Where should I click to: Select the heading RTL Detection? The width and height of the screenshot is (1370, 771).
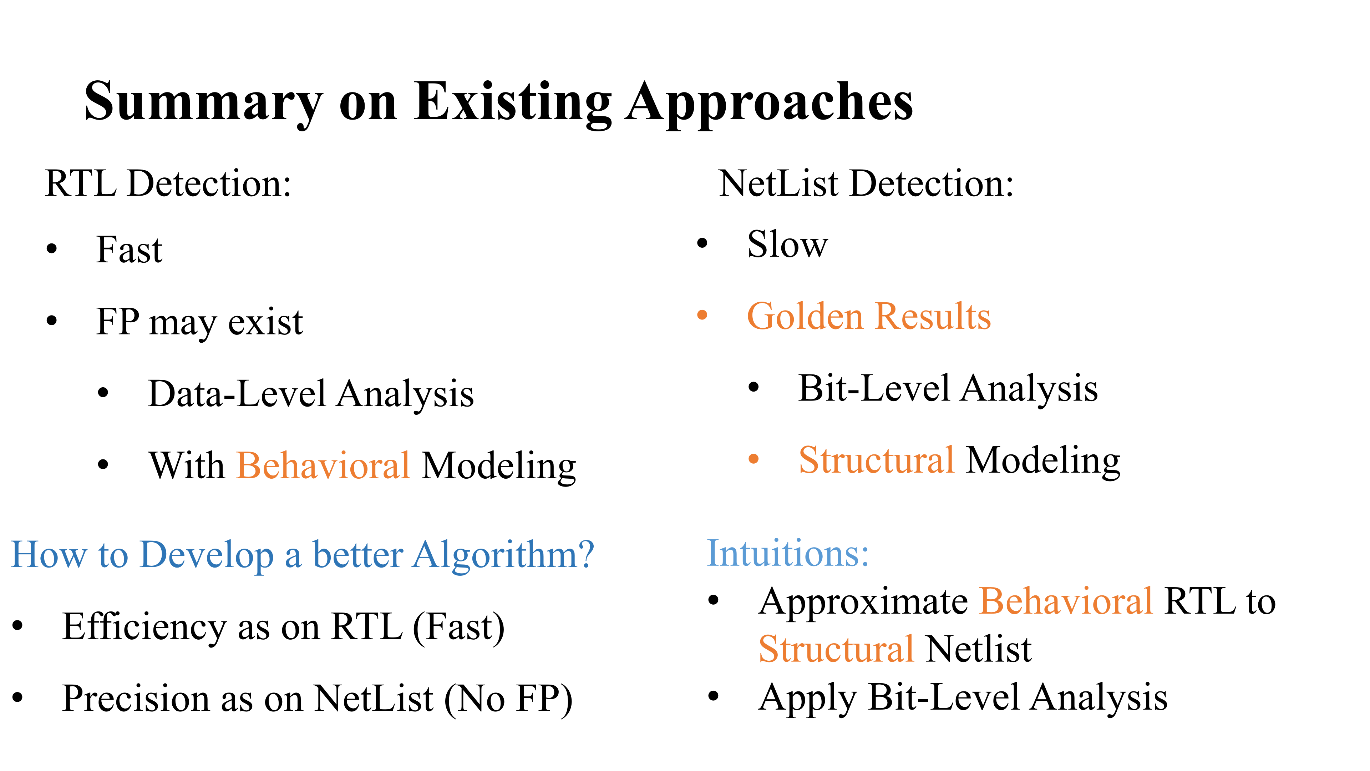[x=168, y=183]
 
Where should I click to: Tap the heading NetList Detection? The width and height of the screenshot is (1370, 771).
[x=866, y=183]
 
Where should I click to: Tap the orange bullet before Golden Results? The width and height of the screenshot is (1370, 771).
[x=702, y=315]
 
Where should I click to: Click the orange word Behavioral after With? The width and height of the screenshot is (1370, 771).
[x=323, y=465]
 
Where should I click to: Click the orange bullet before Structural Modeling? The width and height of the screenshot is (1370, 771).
[x=753, y=459]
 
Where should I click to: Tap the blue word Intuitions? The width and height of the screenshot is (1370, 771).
[x=788, y=553]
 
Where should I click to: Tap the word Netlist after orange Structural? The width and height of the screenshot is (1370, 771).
[x=979, y=649]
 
